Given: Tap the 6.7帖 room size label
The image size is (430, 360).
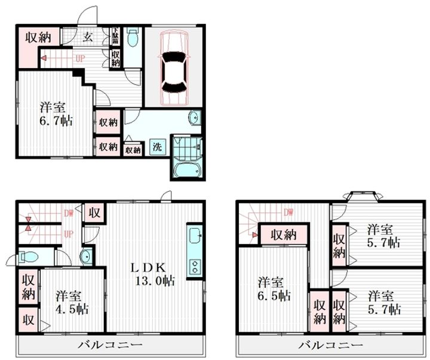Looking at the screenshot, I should click(57, 114).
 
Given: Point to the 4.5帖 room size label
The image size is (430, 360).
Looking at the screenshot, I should click(73, 302).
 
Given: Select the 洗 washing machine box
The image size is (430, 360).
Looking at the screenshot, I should click(156, 146).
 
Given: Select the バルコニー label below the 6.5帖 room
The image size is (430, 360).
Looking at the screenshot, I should click(331, 346).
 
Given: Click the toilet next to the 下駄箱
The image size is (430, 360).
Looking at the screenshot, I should click(133, 39).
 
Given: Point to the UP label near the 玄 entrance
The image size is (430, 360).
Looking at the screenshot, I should click(79, 59).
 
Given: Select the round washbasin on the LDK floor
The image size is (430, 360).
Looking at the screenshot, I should click(87, 257).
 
